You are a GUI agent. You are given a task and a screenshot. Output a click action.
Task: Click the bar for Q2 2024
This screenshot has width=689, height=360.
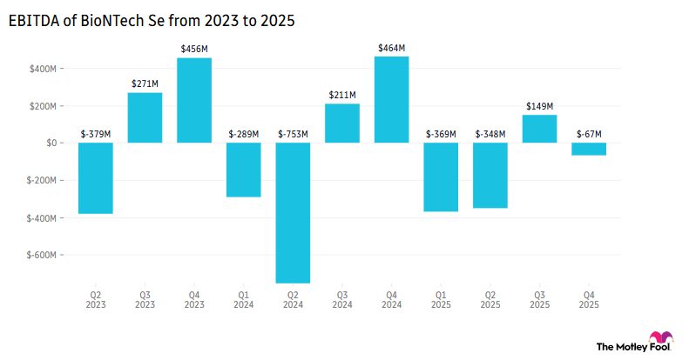pos(293,212)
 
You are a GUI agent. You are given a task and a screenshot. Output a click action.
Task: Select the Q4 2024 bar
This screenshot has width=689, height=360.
pos(391,99)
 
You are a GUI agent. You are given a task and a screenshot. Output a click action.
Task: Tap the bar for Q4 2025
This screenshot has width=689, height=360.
pos(589,149)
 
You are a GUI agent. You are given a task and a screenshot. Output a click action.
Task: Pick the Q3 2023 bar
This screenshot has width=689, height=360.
pos(145,117)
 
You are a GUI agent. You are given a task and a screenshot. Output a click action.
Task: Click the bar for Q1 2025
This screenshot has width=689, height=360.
pos(441,177)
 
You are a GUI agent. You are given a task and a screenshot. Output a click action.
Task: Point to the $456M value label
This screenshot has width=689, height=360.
pos(194,49)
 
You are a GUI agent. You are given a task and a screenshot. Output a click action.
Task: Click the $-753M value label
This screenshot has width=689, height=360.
pos(293,134)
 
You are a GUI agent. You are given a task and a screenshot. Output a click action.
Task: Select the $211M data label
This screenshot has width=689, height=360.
pos(342,95)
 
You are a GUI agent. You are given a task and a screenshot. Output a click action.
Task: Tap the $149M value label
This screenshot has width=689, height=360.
pos(539,106)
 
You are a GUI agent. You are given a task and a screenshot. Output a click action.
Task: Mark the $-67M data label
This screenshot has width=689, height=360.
pos(589,134)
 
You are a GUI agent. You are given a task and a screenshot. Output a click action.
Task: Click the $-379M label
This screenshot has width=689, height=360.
pos(96,134)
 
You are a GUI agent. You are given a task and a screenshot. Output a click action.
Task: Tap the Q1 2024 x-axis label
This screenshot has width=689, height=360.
pos(244,299)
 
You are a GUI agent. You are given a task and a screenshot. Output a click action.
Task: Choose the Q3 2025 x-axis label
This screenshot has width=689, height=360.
pos(539,299)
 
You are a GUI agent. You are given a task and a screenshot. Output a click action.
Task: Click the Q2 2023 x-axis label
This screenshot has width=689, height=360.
pos(96,299)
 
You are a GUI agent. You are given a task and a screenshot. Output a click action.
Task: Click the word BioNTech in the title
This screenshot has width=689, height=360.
pos(115,20)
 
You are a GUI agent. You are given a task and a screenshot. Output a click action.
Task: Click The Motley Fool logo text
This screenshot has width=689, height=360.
pos(621,346)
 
